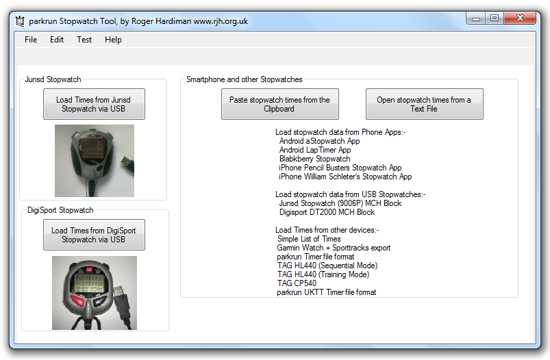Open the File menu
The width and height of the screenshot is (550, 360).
coord(31,40)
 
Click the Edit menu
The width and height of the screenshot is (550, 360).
coord(57,40)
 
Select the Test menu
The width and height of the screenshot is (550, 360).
coord(84,40)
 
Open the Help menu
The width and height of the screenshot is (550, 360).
coord(113,40)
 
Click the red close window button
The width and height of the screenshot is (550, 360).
coord(520,18)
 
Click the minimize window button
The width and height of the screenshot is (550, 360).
coord(476,18)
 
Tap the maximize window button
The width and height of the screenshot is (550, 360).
coord(495,18)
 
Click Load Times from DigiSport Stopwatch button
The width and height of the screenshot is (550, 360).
coord(94,235)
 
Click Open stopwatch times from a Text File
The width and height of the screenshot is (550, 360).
coord(425,104)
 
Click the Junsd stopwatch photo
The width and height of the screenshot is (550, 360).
coord(95,161)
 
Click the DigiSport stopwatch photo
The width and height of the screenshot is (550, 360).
coord(95,293)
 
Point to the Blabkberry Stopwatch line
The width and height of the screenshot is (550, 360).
coord(314,159)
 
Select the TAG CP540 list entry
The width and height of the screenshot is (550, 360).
coord(297,283)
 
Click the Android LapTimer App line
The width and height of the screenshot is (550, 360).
coord(315,150)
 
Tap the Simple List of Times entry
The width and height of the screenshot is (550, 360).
coord(309,239)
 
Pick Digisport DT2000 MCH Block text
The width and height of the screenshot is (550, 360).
coord(327,212)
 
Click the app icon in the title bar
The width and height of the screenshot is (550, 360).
coord(20,21)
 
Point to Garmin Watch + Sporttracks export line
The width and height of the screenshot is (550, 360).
coord(334,248)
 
